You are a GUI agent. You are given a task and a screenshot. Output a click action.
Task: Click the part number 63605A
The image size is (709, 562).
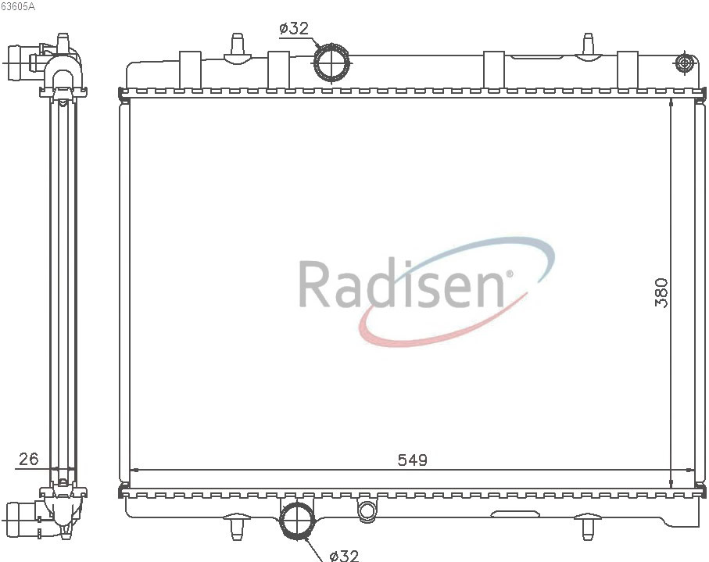[x=18, y=7]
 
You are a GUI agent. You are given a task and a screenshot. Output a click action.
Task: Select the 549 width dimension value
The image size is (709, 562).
[x=413, y=460]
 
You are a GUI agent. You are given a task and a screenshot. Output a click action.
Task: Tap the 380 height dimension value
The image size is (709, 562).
[x=661, y=292]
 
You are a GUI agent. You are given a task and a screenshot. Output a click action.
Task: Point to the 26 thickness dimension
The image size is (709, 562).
[x=28, y=459]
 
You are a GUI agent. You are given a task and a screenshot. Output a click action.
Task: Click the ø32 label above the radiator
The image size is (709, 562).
[x=294, y=28]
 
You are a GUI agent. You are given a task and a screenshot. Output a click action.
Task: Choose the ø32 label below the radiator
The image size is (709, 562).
[x=344, y=555]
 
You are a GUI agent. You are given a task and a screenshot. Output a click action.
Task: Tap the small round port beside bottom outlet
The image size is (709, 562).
[x=367, y=510]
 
